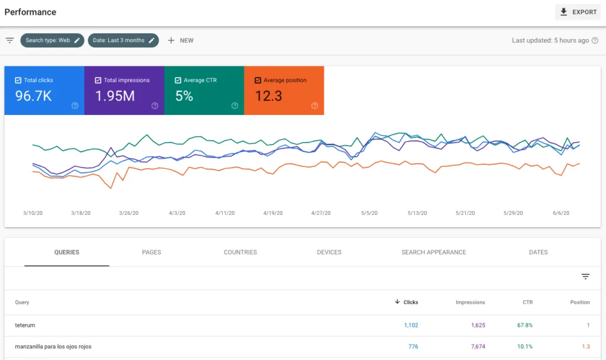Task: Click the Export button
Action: [x=578, y=12]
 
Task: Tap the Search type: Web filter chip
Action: [x=52, y=40]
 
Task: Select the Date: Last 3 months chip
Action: [x=123, y=40]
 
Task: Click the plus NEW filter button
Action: [x=180, y=40]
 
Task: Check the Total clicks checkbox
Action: [x=18, y=80]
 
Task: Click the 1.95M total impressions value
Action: [x=115, y=96]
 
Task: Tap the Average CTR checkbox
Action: [x=178, y=80]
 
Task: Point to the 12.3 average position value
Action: [x=268, y=96]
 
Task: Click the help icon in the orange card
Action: [x=315, y=105]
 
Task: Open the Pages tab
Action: [x=151, y=252]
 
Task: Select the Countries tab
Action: [x=240, y=252]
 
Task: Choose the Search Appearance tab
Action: [x=434, y=252]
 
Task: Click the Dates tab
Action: [x=539, y=252]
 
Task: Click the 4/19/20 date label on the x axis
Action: [x=273, y=213]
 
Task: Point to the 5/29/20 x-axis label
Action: [x=513, y=213]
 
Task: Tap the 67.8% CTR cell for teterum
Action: [x=525, y=325]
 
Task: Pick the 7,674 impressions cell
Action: [x=478, y=346]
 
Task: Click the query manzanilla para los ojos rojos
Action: [x=53, y=346]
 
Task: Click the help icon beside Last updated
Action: [x=595, y=40]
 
